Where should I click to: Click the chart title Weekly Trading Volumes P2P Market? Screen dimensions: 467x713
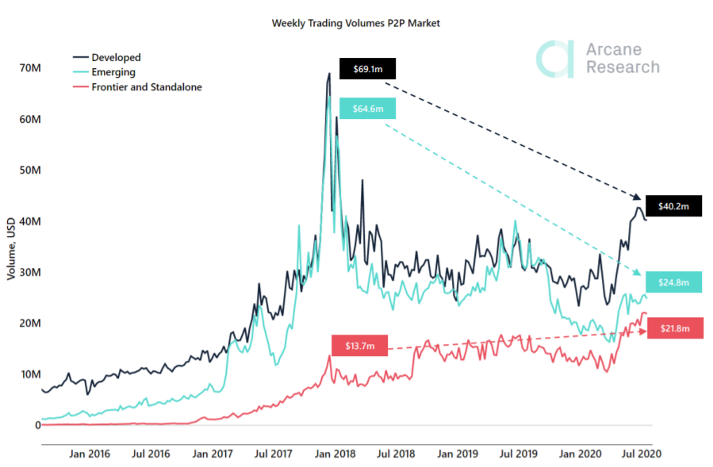(355, 24)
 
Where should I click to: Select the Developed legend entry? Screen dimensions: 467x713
(116, 57)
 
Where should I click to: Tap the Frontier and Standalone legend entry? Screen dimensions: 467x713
(147, 87)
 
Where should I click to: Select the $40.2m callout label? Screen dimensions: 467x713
(673, 206)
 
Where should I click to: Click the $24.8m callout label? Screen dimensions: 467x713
(673, 281)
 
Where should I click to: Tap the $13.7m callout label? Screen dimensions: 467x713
(360, 346)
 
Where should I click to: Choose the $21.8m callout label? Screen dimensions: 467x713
(673, 328)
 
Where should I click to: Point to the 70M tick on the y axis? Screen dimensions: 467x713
(30, 68)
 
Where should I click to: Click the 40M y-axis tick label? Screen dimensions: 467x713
(30, 221)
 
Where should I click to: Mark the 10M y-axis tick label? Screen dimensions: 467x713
(30, 374)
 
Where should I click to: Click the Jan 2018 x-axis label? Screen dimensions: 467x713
(334, 454)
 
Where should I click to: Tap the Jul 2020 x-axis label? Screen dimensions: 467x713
(640, 454)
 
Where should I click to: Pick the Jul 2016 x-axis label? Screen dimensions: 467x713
(151, 454)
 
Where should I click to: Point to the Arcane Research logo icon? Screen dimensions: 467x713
(554, 59)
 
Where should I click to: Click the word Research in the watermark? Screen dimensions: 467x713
(623, 67)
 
